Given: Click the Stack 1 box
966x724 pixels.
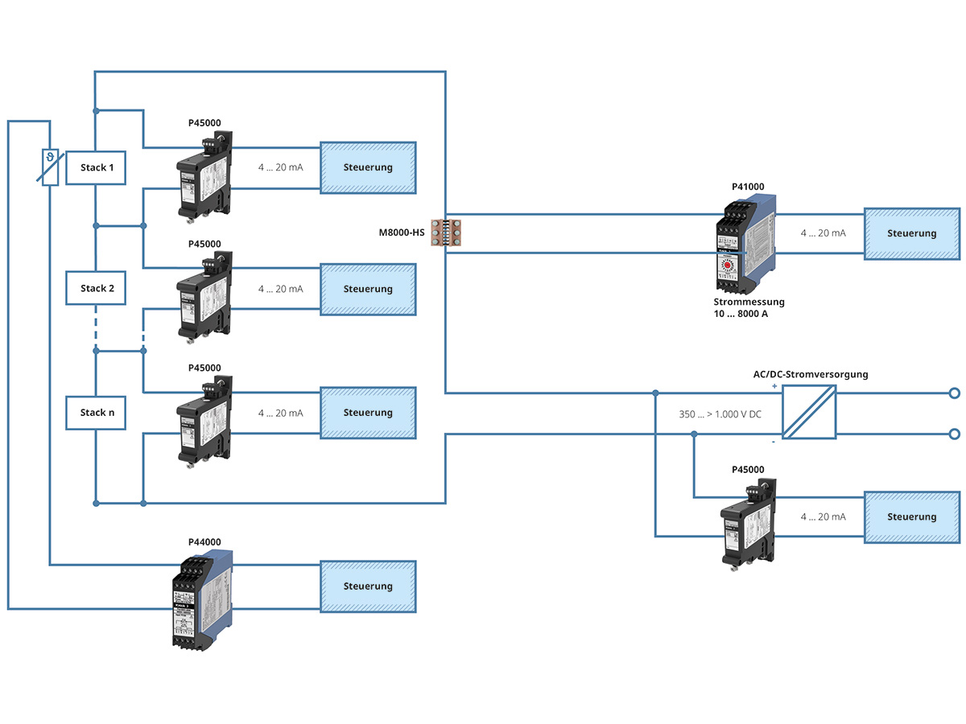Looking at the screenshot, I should tap(96, 168).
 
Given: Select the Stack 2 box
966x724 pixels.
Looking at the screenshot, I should tap(96, 288).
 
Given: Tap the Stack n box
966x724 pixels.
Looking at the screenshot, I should tap(96, 413).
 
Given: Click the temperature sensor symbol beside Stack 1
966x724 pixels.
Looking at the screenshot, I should tap(50, 167).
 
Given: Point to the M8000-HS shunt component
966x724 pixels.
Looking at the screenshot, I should tap(446, 233).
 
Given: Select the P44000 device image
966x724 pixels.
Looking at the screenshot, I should tap(200, 599).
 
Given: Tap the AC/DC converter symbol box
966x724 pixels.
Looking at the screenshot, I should tap(809, 412).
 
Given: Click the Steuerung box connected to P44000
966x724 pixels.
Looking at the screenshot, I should tap(368, 586).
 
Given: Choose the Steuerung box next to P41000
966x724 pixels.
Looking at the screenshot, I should tap(912, 234).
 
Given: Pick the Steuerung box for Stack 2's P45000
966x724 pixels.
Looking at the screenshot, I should tap(368, 289).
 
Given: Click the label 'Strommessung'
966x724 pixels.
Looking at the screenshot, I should tap(749, 302).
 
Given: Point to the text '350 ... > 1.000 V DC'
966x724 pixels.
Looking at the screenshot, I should tap(720, 414).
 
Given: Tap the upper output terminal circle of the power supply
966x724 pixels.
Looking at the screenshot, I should tap(955, 393).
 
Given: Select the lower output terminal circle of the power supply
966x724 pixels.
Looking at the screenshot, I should tap(955, 434).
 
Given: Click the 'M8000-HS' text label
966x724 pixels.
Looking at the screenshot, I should tap(402, 233).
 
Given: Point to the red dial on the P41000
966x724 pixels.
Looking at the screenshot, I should tap(728, 264).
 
